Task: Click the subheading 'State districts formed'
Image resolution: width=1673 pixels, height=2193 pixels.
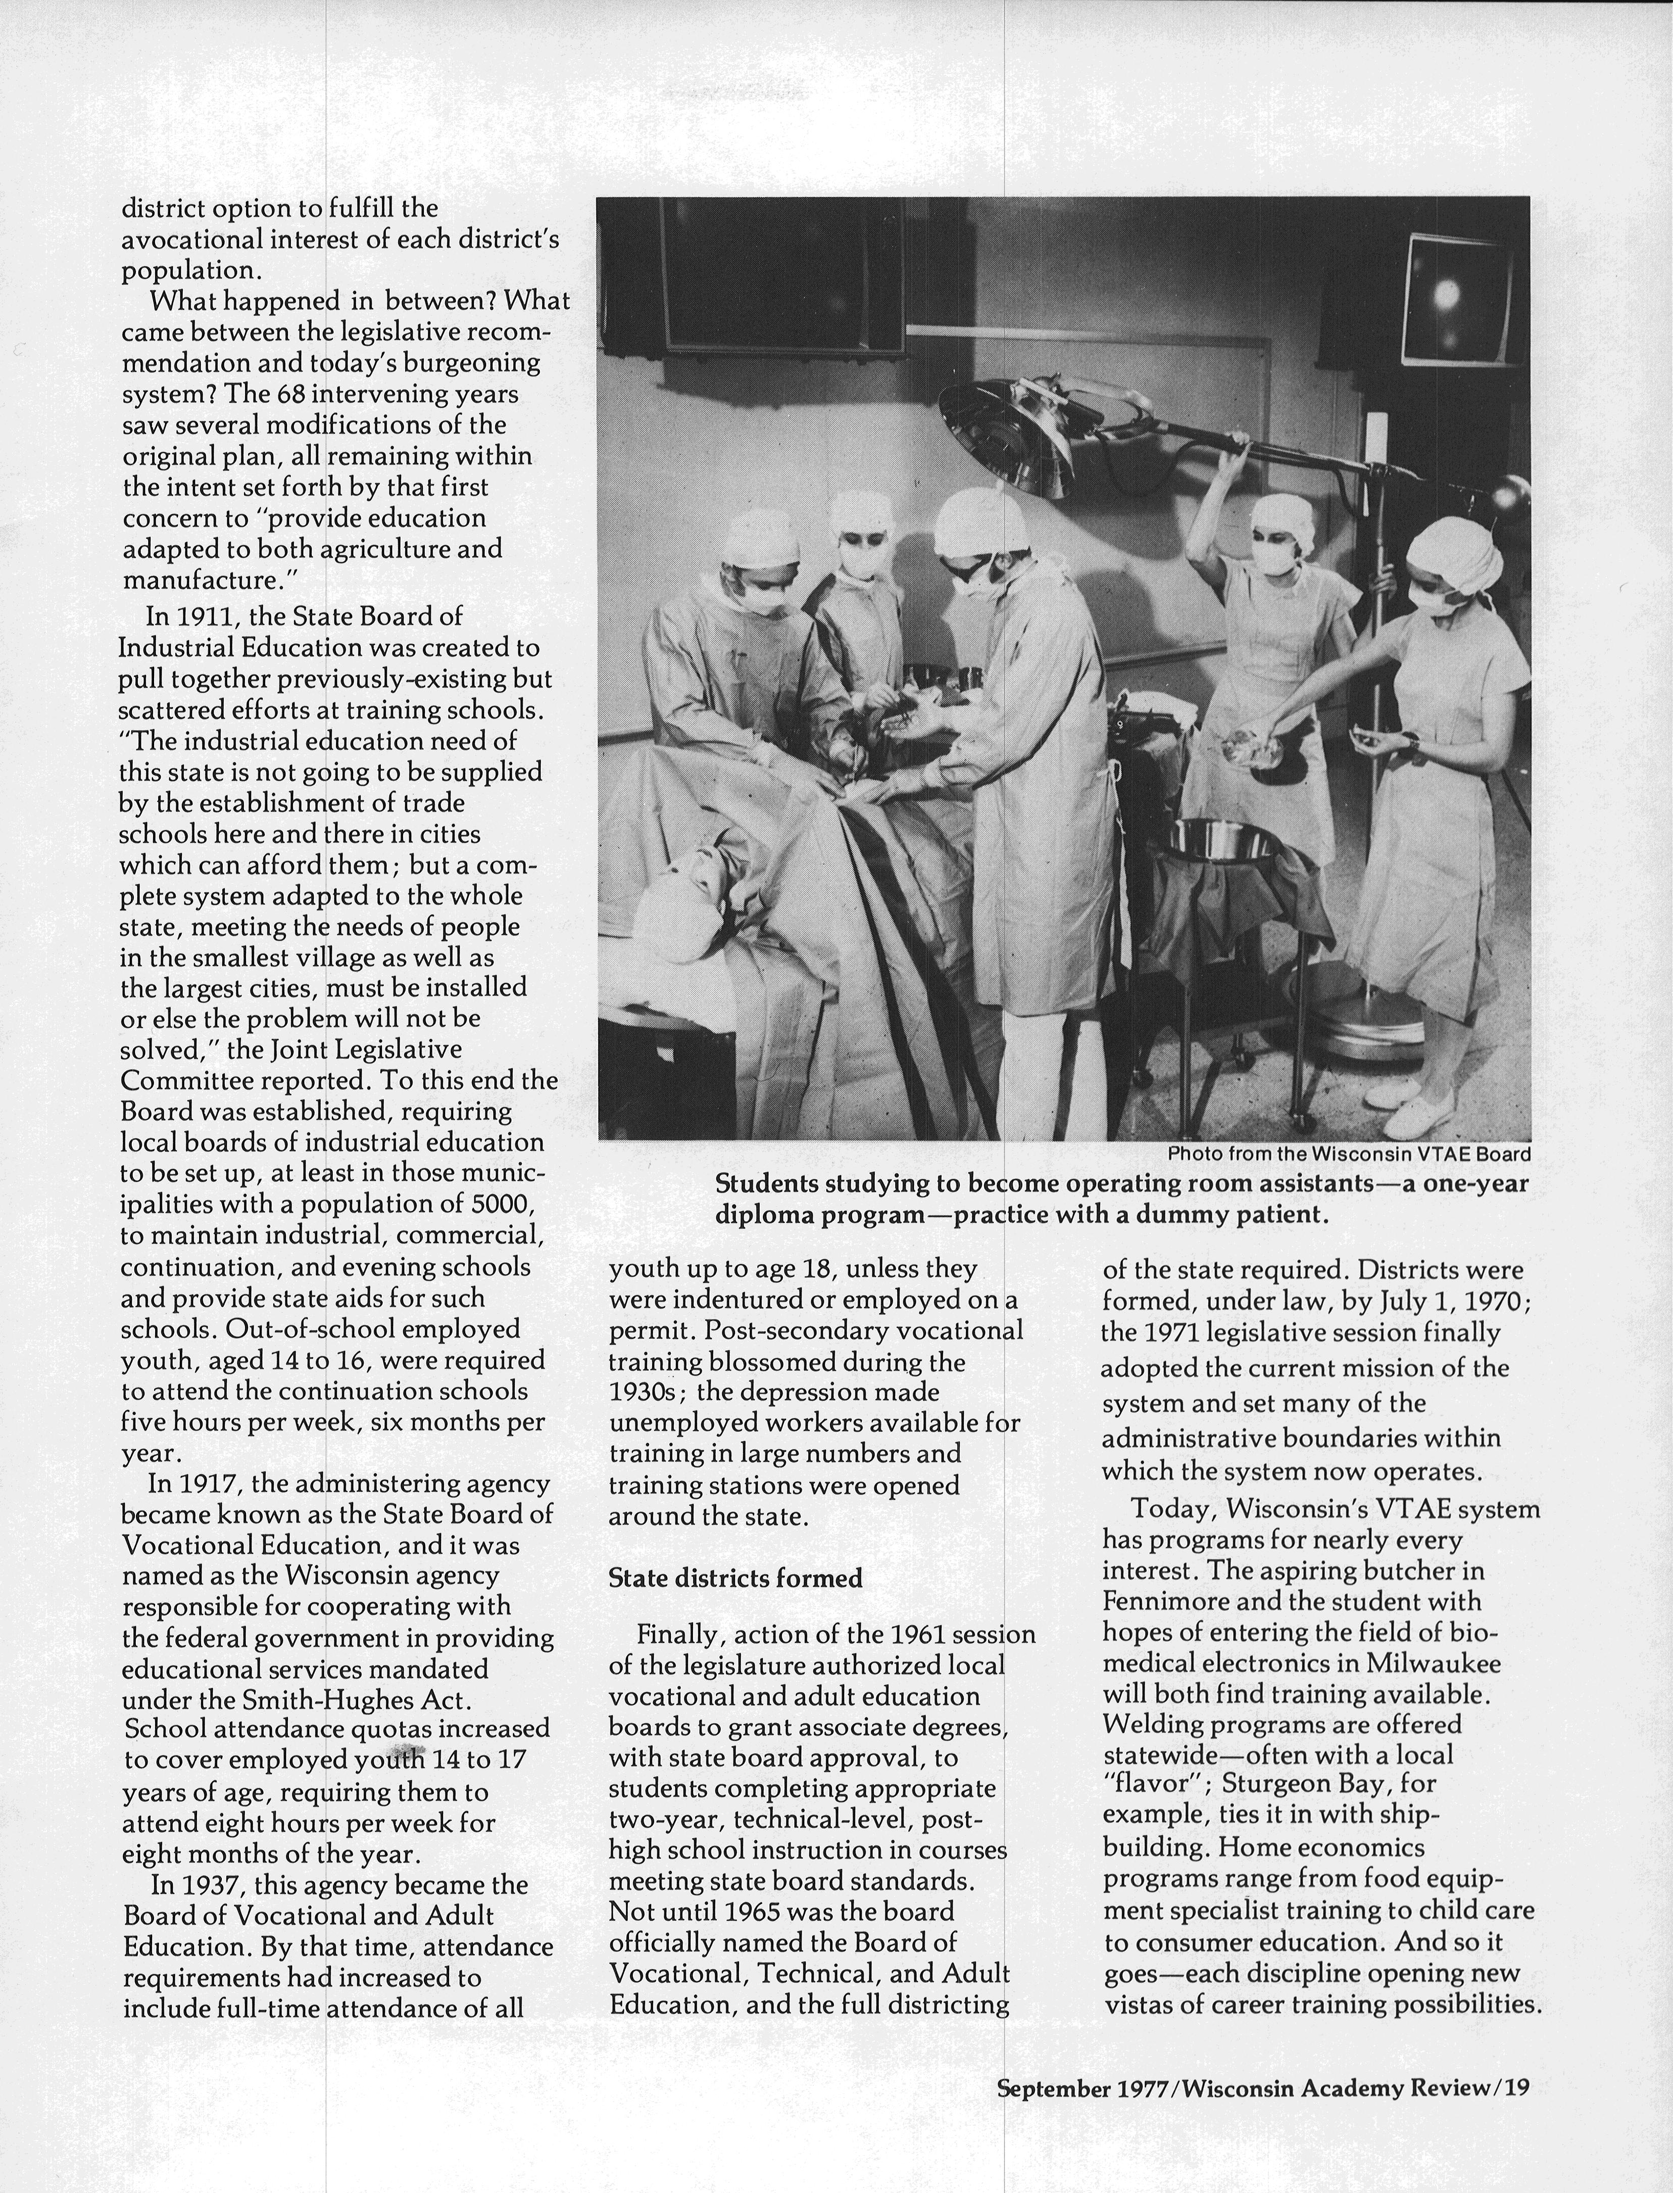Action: [735, 1579]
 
